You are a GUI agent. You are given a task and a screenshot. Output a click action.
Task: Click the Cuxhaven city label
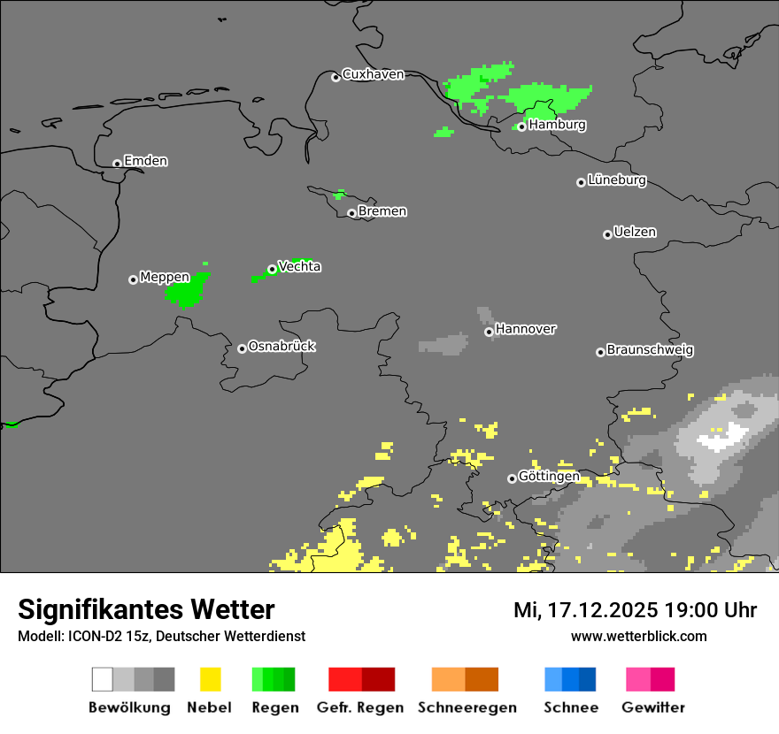(x=373, y=74)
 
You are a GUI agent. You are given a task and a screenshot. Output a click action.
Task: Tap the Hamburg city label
(x=557, y=125)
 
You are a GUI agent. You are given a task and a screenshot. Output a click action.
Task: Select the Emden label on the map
(x=145, y=161)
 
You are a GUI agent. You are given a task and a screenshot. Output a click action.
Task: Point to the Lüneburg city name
(x=616, y=180)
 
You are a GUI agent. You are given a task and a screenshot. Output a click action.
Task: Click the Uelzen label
(x=635, y=232)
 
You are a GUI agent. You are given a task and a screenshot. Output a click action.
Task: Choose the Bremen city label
(x=382, y=211)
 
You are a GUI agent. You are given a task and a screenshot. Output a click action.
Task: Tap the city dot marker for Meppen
(x=133, y=279)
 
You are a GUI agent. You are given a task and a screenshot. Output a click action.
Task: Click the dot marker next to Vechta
(x=272, y=269)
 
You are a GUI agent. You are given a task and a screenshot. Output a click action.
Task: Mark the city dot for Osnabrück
(x=242, y=348)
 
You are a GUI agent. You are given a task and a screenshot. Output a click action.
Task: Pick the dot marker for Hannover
(x=489, y=332)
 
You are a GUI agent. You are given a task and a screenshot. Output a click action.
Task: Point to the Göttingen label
(x=549, y=476)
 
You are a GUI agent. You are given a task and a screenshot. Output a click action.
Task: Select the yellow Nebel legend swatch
(x=210, y=679)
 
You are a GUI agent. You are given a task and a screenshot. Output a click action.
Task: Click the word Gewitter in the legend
(x=653, y=707)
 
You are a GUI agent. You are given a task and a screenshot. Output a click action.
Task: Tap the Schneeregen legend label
(x=467, y=707)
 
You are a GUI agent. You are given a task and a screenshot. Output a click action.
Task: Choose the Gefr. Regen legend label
(x=360, y=707)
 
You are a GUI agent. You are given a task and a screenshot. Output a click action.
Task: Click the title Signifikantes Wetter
(x=146, y=609)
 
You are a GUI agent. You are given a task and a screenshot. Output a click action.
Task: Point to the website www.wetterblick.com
(x=638, y=636)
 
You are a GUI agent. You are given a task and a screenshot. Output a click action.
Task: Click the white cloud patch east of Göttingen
(x=721, y=437)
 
